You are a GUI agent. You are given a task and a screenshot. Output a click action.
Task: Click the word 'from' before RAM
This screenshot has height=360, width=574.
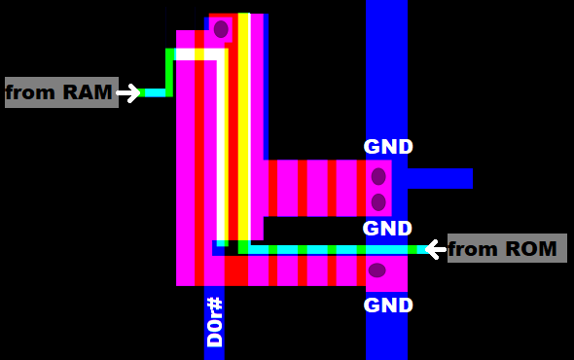pos(32,93)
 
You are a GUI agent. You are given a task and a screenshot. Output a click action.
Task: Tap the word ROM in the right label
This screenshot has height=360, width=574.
pos(531,249)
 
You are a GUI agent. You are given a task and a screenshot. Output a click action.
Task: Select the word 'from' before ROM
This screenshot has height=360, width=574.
pos(473,249)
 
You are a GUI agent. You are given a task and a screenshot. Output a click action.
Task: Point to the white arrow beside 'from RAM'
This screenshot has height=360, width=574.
pos(128,93)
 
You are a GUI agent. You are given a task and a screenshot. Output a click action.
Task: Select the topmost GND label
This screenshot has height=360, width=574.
pos(388,147)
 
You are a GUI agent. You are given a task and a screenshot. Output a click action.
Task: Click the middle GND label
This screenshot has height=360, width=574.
pos(388,229)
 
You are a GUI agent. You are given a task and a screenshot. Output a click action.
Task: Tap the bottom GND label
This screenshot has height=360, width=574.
pos(388,306)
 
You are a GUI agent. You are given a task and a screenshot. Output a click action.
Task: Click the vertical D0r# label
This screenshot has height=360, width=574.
pos(215,322)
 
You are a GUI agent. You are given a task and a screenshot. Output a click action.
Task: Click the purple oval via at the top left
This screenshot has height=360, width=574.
pos(221,29)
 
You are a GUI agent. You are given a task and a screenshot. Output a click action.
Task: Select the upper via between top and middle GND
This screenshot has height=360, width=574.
pos(378,177)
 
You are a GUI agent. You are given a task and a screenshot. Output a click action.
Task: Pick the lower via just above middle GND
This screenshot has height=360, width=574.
pos(378,202)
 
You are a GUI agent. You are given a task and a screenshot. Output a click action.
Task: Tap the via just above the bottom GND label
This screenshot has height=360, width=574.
pos(377,270)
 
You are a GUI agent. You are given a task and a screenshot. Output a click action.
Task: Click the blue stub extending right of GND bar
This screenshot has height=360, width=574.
pos(440,178)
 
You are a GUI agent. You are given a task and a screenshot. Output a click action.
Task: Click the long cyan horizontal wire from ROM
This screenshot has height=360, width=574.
pos(331,250)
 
